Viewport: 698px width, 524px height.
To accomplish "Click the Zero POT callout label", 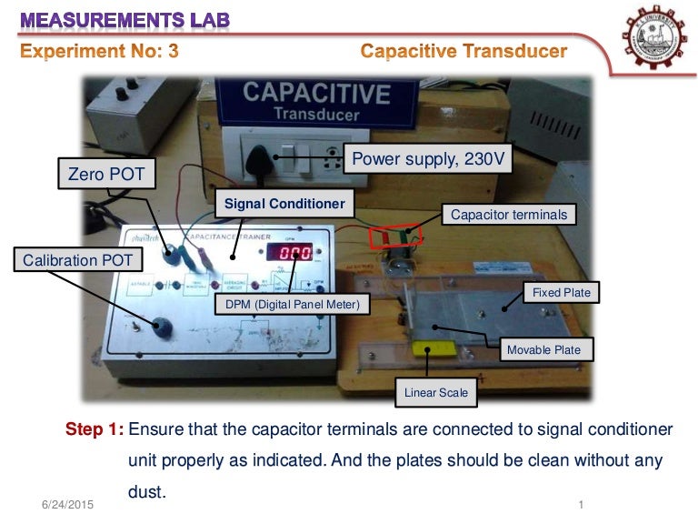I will click(102, 172).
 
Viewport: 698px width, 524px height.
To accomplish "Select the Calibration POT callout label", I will click(78, 260).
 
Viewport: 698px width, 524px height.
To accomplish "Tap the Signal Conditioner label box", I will click(284, 204).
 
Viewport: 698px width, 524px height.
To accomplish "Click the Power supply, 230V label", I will click(428, 160).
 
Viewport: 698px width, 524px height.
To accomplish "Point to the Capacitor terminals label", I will click(509, 215).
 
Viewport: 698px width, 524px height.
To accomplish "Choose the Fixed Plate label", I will click(561, 292).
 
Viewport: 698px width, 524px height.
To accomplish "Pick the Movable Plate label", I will click(543, 349).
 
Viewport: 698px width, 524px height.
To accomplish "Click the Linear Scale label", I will click(436, 392).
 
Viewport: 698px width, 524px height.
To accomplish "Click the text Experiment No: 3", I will click(100, 51).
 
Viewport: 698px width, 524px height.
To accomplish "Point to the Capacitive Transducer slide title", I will click(464, 51).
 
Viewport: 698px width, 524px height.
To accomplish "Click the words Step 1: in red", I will click(95, 428).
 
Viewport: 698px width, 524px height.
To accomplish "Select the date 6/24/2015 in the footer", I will click(68, 504).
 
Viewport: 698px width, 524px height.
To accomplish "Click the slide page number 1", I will click(580, 504).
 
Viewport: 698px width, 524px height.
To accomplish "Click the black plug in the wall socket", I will click(270, 160).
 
